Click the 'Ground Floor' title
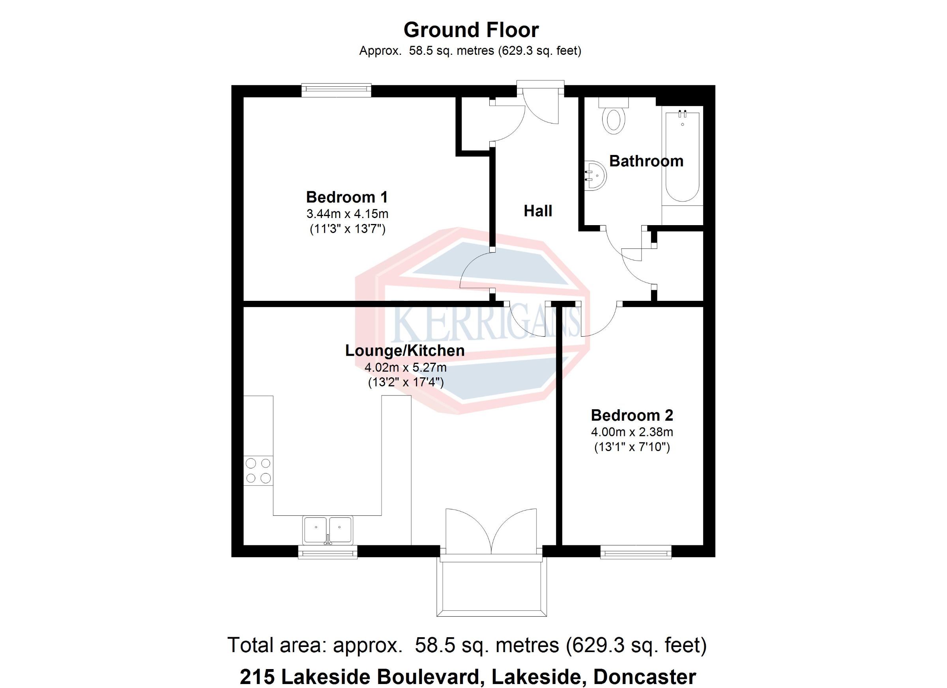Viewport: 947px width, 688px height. pyautogui.click(x=471, y=30)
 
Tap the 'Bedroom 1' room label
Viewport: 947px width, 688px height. pyautogui.click(x=347, y=197)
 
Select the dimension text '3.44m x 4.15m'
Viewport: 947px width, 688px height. pyautogui.click(x=347, y=214)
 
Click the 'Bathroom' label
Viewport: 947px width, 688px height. pyautogui.click(x=646, y=161)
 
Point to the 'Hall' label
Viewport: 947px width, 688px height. pyautogui.click(x=538, y=211)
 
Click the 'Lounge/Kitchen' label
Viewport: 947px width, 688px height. pyautogui.click(x=404, y=351)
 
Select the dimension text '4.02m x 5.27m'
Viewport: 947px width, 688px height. pyautogui.click(x=406, y=367)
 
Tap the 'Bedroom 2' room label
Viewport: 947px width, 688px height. pyautogui.click(x=632, y=415)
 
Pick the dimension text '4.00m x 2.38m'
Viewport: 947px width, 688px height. pyautogui.click(x=632, y=432)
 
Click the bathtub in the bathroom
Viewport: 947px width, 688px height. pyautogui.click(x=682, y=157)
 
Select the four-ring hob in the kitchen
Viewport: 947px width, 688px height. pyautogui.click(x=258, y=470)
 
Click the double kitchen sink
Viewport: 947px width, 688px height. pyautogui.click(x=328, y=530)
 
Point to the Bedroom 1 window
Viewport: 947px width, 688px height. pyautogui.click(x=336, y=90)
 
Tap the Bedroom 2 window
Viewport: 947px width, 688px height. pyautogui.click(x=636, y=552)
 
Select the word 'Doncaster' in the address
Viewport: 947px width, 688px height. pyautogui.click(x=645, y=676)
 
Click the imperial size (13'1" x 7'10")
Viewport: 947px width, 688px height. pyautogui.click(x=632, y=447)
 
